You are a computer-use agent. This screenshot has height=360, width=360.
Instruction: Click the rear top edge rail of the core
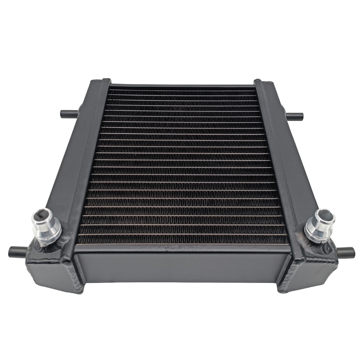(182, 86)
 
